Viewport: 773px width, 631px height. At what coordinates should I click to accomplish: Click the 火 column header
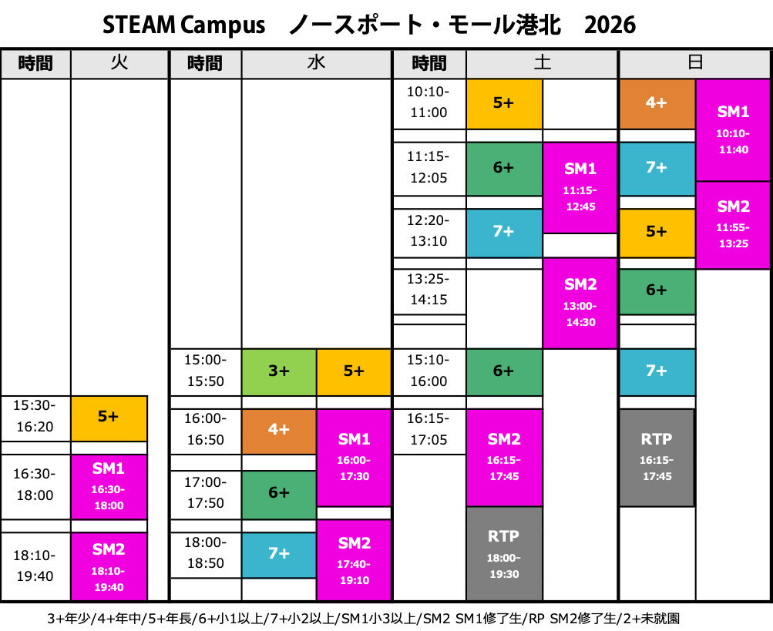[x=119, y=64]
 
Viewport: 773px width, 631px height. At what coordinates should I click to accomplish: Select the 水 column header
[x=316, y=64]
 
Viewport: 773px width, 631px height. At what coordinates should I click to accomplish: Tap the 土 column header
[x=542, y=64]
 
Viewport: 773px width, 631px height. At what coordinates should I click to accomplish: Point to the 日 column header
[x=694, y=64]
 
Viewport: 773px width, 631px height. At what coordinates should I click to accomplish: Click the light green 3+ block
[x=279, y=371]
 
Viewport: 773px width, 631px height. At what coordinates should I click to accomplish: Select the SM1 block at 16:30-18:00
[x=109, y=487]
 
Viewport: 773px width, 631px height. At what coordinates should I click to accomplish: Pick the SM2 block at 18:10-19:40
[x=109, y=567]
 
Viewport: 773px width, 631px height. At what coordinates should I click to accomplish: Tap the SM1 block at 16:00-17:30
[x=354, y=457]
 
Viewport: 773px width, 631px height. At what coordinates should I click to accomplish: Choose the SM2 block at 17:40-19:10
[x=354, y=560]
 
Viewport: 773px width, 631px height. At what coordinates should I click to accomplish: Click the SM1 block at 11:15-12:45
[x=580, y=187]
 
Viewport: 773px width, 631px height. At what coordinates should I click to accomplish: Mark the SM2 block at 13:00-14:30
[x=580, y=303]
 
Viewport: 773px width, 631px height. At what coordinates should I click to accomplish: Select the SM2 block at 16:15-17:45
[x=504, y=457]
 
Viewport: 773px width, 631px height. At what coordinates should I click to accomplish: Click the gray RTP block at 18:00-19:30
[x=504, y=554]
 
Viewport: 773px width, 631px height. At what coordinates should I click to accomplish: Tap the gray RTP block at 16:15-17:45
[x=657, y=457]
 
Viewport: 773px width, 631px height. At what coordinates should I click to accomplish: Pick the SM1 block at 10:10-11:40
[x=733, y=130]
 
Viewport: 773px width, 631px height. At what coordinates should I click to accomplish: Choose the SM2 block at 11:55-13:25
[x=733, y=225]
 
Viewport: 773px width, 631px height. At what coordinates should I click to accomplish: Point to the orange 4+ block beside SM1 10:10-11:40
[x=657, y=103]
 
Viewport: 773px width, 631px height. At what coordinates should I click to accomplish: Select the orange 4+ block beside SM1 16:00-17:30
[x=279, y=431]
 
